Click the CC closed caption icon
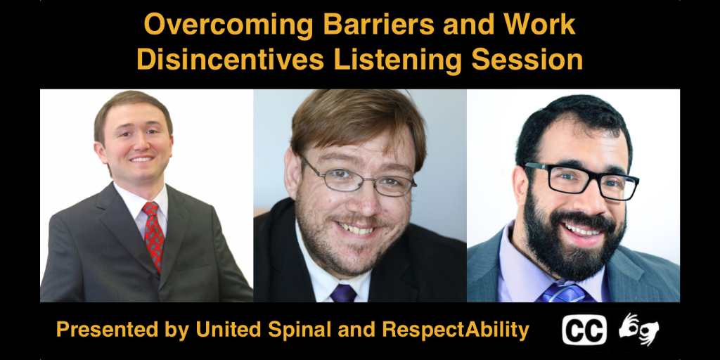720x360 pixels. (584, 330)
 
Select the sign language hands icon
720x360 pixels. (638, 329)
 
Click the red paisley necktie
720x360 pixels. (154, 235)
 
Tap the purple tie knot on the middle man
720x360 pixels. (343, 293)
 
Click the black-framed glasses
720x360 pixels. (581, 180)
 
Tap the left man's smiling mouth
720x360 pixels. (142, 160)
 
